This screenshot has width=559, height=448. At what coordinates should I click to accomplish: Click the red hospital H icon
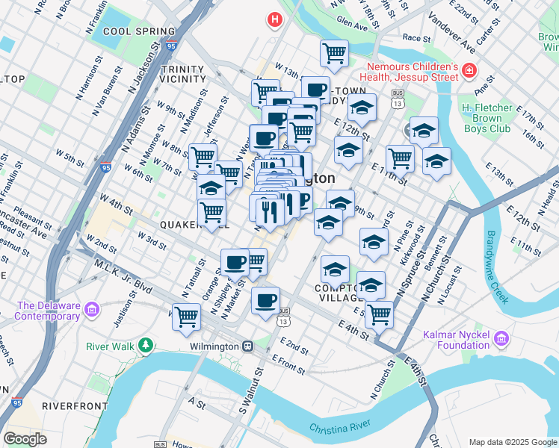click(x=275, y=19)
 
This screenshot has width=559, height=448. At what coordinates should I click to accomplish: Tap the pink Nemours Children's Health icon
click(x=469, y=72)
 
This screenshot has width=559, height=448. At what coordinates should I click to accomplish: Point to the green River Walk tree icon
click(x=146, y=346)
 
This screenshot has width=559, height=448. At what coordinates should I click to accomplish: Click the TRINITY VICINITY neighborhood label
click(x=183, y=74)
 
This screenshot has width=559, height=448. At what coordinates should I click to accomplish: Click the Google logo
click(x=25, y=439)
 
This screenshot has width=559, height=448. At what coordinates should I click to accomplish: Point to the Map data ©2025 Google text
click(x=513, y=442)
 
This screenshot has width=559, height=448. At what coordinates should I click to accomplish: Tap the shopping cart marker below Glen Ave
click(x=334, y=53)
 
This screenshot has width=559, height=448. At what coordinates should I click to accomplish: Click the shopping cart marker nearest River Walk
click(x=186, y=317)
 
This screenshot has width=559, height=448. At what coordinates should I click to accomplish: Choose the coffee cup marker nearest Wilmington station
click(x=265, y=301)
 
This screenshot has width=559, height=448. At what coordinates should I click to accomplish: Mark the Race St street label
click(x=417, y=37)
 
